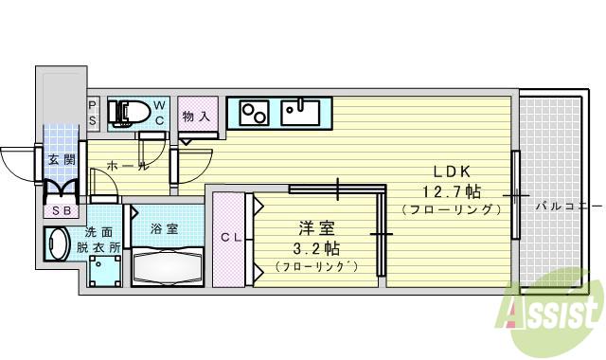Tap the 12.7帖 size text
click(451, 189)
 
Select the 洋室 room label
click(314, 228)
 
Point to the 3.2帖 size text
click(314, 248)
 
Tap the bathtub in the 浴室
click(167, 266)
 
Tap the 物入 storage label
click(195, 116)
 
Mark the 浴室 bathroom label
click(164, 228)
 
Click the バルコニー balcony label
click(568, 204)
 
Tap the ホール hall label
click(128, 167)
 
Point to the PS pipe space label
click(93, 113)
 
